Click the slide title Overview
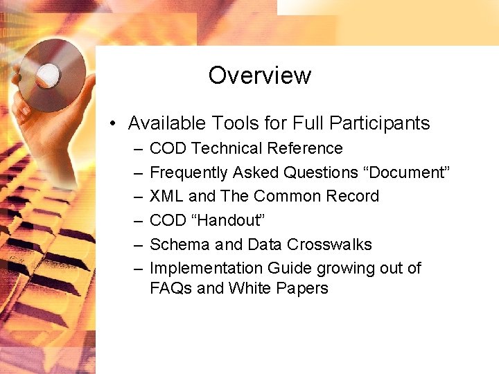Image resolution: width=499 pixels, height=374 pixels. tap(260, 75)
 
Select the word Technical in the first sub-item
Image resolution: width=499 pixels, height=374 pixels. tap(226, 148)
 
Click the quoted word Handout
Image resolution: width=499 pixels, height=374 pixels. tap(230, 220)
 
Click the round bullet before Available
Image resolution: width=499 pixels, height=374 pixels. tap(112, 124)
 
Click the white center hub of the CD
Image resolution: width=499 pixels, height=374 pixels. tap(48, 73)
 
